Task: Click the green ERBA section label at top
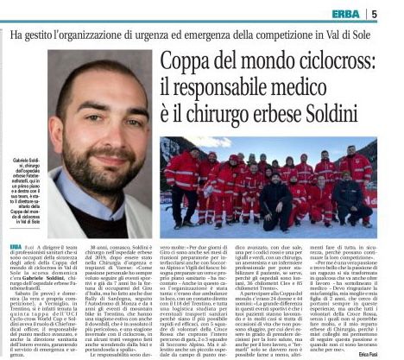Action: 352,12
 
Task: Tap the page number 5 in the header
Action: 398,12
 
